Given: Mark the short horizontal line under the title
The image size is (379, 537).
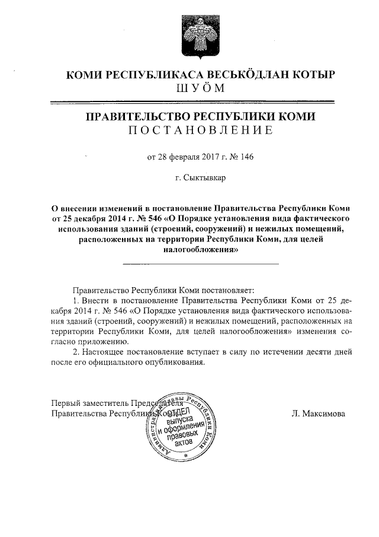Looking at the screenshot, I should pyautogui.click(x=200, y=263).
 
